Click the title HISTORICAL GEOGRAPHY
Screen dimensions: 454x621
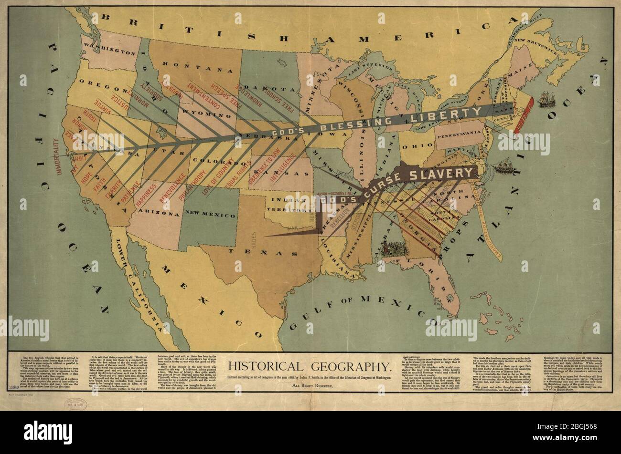tap(310, 367)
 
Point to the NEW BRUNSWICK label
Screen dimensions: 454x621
tap(542, 43)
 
